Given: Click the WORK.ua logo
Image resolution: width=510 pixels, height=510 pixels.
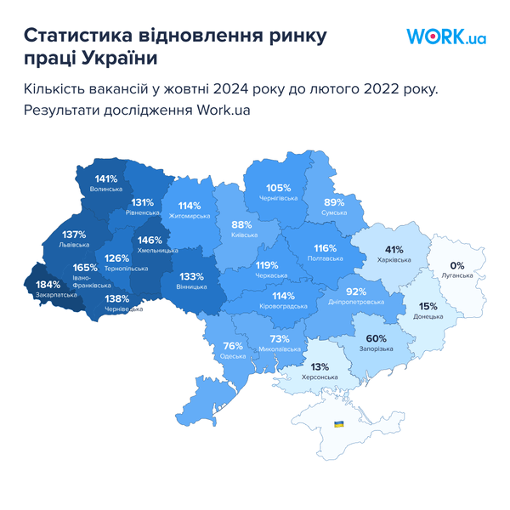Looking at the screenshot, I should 445,37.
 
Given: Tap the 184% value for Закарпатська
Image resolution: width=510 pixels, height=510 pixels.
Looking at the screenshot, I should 48,284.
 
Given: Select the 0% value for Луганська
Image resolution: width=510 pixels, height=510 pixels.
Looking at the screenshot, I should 457,265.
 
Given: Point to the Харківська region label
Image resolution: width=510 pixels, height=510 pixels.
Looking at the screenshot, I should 394,260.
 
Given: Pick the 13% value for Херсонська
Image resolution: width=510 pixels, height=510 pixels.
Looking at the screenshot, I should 320,366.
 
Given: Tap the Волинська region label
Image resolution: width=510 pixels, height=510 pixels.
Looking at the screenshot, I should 106,189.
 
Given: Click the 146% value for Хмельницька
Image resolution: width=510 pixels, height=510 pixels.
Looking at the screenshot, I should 150,240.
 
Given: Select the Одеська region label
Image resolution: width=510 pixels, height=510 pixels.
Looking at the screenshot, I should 233,356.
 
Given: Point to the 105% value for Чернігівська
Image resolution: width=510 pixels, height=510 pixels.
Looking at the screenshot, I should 279,188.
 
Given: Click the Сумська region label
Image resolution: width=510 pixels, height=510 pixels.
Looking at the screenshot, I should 334,212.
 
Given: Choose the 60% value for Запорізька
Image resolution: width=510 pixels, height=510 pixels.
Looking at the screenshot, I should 377,337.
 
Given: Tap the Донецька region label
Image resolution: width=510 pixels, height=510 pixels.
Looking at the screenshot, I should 428,316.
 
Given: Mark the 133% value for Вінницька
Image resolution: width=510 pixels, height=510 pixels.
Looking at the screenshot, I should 191,276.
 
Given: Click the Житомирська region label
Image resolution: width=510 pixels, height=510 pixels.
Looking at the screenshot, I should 190,217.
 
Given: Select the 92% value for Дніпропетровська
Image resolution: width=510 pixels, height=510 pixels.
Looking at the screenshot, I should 355,292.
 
